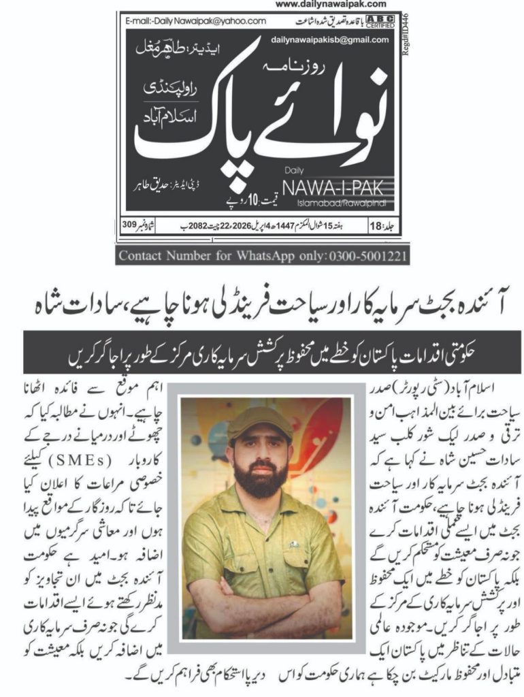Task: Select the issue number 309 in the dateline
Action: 133,223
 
